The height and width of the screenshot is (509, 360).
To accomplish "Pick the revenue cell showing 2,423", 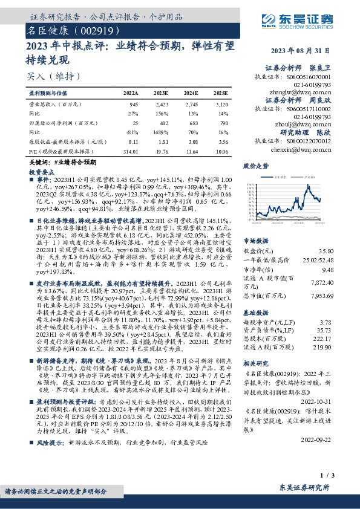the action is (162, 105).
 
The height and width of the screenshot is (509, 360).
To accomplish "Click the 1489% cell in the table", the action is (161, 131).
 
